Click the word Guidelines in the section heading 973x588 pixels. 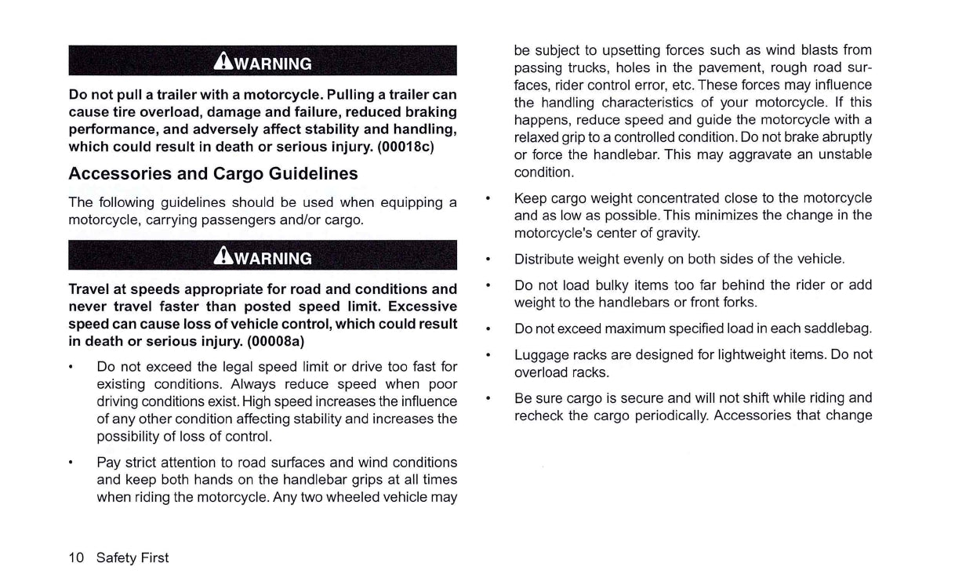(x=313, y=173)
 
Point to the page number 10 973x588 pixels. (x=76, y=558)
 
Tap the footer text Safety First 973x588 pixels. (x=133, y=558)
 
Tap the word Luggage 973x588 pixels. (x=540, y=354)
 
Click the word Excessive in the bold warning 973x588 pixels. (x=422, y=307)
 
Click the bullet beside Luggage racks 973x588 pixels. (x=488, y=355)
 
